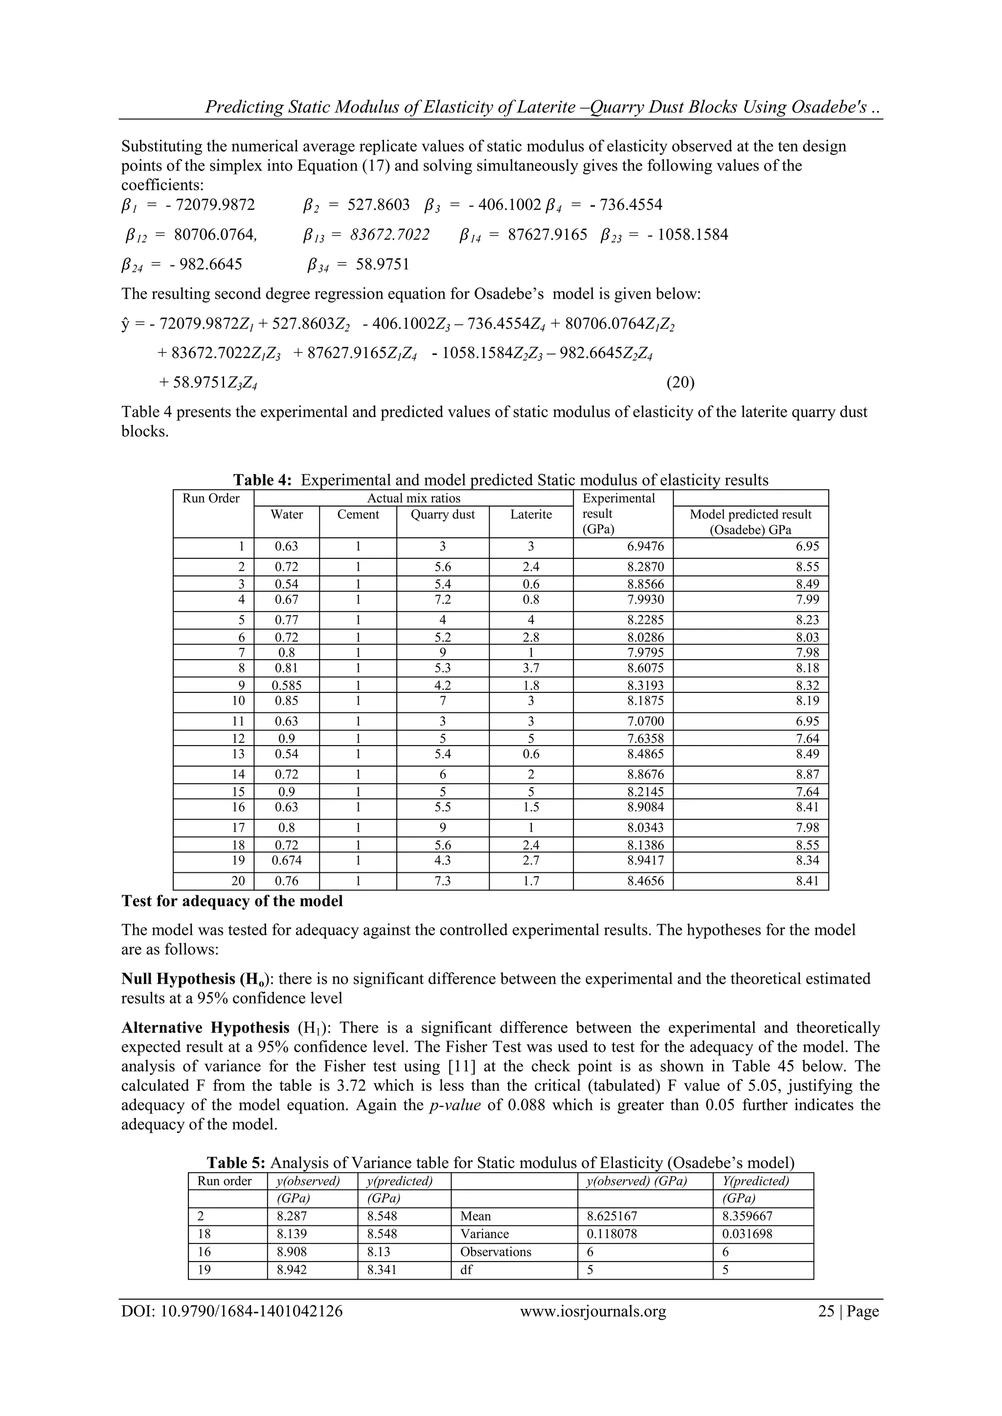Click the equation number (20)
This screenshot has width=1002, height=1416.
(680, 382)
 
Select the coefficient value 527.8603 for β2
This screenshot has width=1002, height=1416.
(378, 205)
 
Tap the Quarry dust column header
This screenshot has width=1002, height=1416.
(442, 514)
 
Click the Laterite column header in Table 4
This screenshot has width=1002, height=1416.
(531, 514)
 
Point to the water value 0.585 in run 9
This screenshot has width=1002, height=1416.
(287, 685)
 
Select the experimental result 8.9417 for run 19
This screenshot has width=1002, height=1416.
(645, 861)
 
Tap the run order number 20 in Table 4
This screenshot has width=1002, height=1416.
(238, 881)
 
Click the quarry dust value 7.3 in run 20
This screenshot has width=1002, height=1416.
(442, 881)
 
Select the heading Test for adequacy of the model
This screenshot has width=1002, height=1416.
(232, 902)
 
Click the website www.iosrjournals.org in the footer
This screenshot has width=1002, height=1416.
(593, 1311)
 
